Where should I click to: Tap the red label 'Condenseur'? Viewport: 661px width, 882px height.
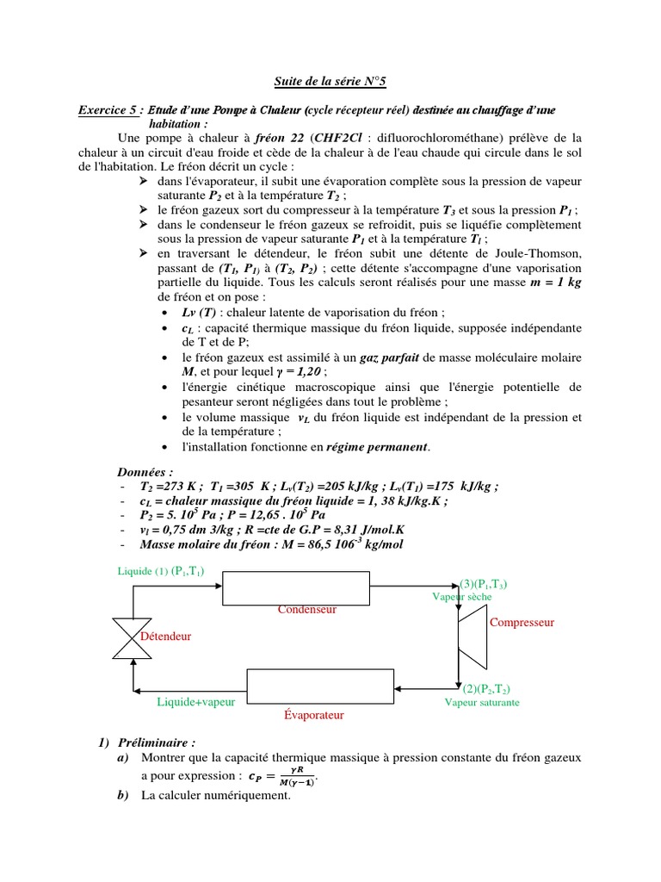306,609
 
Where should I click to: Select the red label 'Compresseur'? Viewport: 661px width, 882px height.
522,622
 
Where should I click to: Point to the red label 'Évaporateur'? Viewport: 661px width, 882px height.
313,716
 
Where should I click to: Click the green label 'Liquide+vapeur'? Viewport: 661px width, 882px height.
195,702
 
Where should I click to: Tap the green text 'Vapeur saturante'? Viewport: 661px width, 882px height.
482,702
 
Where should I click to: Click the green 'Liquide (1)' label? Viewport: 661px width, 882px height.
143,570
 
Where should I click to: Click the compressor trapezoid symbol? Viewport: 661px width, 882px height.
470,636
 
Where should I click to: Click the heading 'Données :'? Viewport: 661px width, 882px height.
145,472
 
